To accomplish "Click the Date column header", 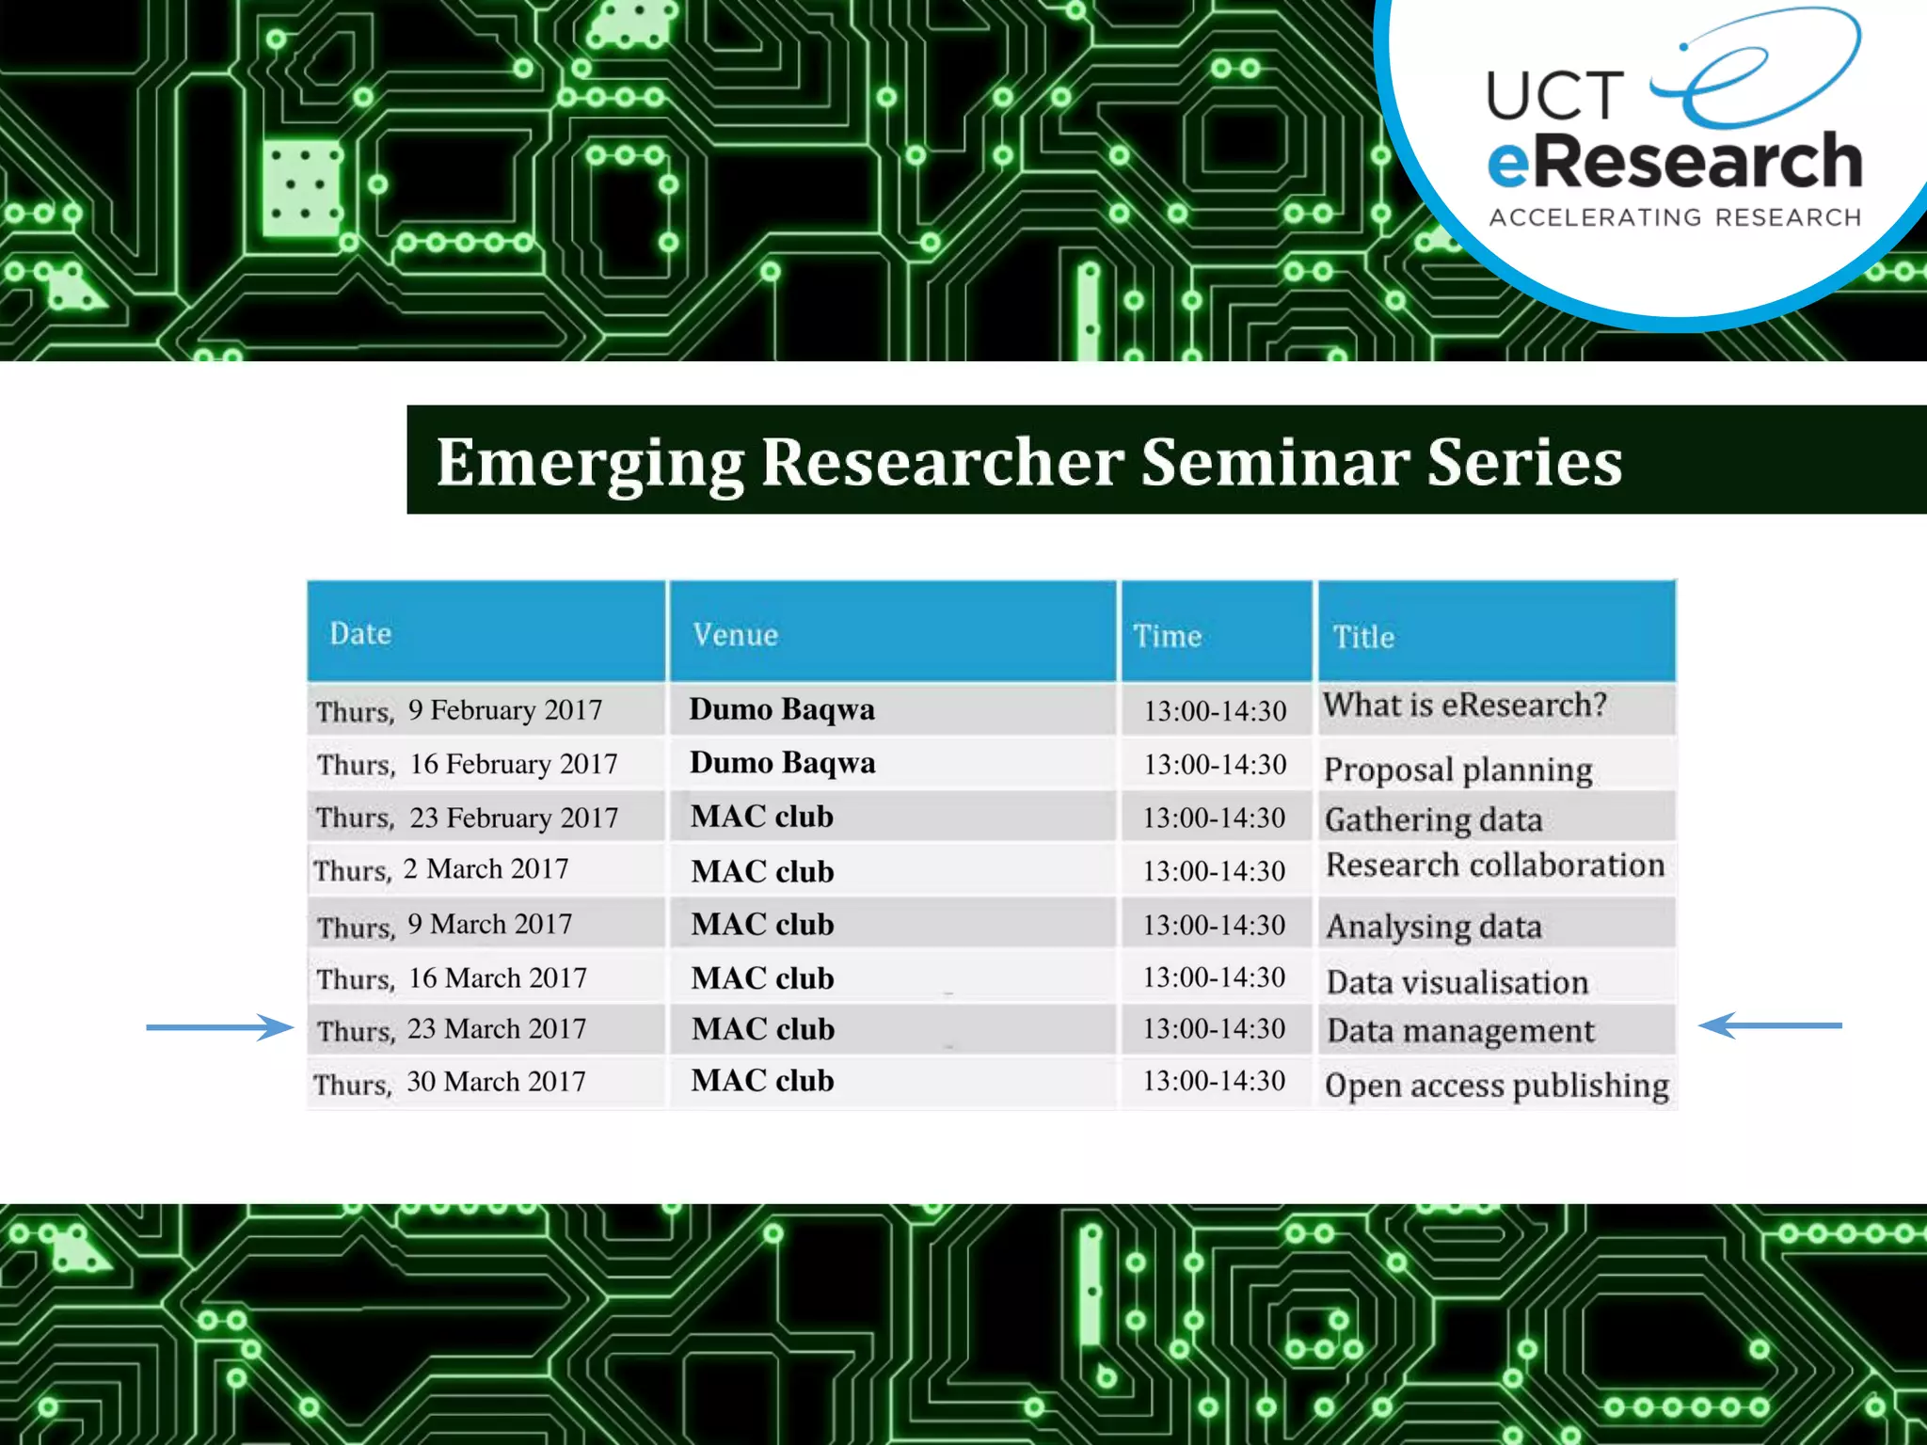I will point(360,633).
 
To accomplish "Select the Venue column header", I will point(735,635).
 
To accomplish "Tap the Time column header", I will point(1167,636).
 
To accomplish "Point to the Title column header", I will point(1363,638).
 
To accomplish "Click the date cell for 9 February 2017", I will point(459,710).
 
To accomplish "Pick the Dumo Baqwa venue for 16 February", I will point(782,763).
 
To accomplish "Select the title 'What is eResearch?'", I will point(1464,706).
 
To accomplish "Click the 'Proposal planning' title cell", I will point(1457,770).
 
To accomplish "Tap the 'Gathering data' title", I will point(1433,820).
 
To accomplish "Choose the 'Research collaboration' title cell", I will point(1494,865).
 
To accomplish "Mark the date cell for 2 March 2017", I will point(441,869).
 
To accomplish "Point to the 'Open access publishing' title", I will point(1496,1086).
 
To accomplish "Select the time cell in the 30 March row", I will point(1214,1081).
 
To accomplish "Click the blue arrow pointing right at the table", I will point(220,1027).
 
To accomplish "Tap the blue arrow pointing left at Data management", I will point(1769,1025).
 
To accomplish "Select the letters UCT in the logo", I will point(1554,96).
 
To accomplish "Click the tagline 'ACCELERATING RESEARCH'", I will point(1675,218).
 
